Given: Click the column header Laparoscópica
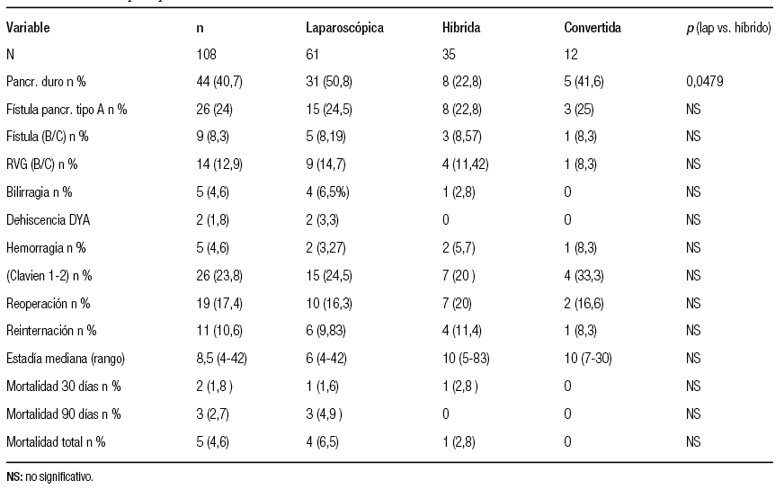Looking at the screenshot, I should tap(344, 28).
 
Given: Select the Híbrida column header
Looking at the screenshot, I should tap(455, 28).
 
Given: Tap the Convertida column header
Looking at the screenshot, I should tap(592, 28).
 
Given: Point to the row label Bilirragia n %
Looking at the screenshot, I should tap(40, 192).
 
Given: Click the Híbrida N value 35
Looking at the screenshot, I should tap(437, 55).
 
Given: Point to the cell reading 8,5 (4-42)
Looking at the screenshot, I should tap(221, 359).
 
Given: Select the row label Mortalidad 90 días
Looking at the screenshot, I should tap(63, 414).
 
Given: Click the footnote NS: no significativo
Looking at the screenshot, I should tap(49, 477).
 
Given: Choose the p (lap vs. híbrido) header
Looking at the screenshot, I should tap(727, 28).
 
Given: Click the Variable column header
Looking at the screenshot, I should tap(28, 28).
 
